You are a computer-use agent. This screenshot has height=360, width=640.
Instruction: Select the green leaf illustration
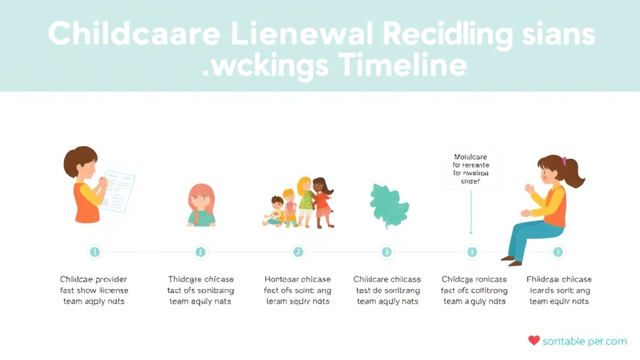(388, 204)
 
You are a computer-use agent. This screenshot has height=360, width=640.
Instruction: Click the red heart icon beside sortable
(533, 341)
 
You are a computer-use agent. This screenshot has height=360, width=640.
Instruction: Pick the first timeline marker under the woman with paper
(94, 252)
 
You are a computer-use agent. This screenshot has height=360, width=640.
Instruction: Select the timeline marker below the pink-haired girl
(201, 252)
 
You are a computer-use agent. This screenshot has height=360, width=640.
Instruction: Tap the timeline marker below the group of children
(298, 252)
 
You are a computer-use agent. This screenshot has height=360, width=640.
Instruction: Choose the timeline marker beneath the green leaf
(387, 252)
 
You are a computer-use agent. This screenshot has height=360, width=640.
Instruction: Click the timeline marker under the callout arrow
(472, 252)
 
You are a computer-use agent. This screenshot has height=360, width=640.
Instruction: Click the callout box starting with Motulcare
(471, 169)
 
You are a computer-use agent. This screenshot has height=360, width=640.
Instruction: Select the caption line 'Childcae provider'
(93, 279)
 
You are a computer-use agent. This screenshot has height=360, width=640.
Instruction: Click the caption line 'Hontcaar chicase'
(297, 279)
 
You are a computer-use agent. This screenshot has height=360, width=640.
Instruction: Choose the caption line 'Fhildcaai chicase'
(559, 279)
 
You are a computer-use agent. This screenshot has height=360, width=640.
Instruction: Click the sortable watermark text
(584, 341)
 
